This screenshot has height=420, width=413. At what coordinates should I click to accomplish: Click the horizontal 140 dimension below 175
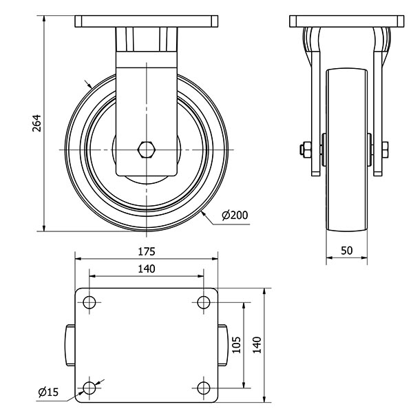147,268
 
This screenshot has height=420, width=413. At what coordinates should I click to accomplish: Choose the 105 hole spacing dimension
235,344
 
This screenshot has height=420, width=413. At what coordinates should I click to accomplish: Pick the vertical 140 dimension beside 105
257,344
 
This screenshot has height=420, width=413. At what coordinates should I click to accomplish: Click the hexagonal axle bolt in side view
146,149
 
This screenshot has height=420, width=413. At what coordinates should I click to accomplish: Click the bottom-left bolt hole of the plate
89,388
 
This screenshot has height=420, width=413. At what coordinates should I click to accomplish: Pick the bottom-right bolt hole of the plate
203,388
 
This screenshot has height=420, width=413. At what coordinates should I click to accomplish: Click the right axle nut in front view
384,149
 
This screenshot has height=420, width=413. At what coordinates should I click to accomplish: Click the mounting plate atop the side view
146,21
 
